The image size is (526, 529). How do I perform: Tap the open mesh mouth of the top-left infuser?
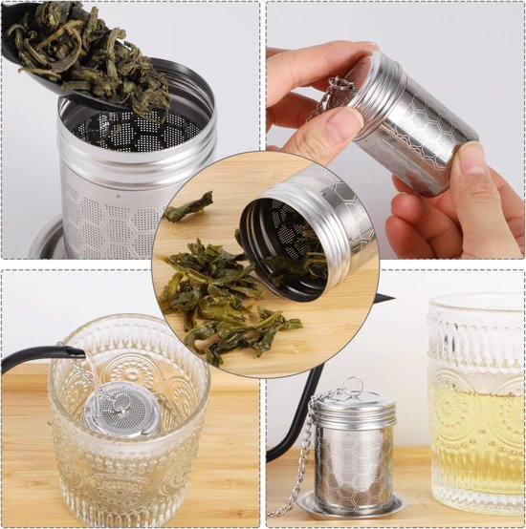tap(134, 129)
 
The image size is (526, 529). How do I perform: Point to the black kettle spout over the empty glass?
tap(38, 357)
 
